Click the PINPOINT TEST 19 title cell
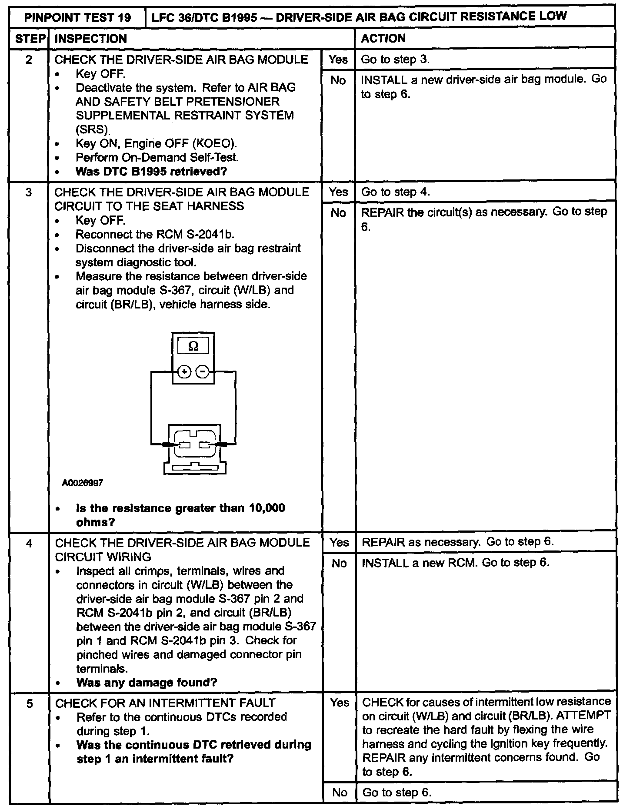click(x=78, y=18)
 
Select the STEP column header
click(x=29, y=39)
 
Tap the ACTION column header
click(x=383, y=38)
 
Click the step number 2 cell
click(x=29, y=60)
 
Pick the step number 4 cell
click(x=29, y=543)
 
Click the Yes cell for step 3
click(x=338, y=192)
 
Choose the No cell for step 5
click(x=339, y=792)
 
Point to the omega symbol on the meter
click(x=193, y=346)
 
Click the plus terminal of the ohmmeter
click(x=184, y=372)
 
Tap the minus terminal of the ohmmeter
click(x=203, y=372)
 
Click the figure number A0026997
click(x=82, y=483)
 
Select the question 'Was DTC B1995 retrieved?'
click(x=151, y=171)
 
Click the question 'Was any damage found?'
click(x=147, y=683)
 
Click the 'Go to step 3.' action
click(x=395, y=60)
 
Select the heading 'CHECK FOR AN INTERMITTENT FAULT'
click(x=165, y=703)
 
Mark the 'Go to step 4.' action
click(x=395, y=192)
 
